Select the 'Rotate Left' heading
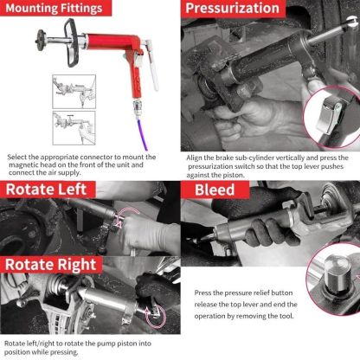point(48,190)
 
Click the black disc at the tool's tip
point(42,41)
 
